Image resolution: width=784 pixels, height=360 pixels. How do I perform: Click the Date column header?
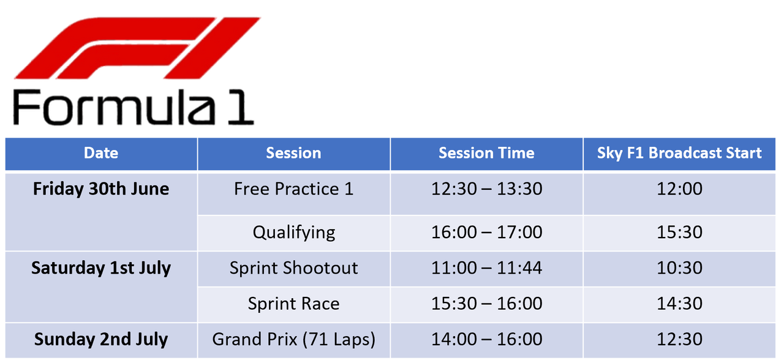[101, 153]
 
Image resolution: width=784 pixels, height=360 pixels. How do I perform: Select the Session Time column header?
[486, 153]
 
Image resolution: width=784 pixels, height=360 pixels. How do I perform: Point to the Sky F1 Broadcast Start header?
[679, 153]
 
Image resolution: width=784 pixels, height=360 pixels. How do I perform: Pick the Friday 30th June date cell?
[101, 189]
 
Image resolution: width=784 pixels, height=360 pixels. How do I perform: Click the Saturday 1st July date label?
[101, 268]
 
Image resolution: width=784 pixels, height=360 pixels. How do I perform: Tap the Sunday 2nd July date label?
[101, 339]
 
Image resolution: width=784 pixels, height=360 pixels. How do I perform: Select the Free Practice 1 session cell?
[293, 189]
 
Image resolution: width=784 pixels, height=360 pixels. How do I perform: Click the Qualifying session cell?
[293, 233]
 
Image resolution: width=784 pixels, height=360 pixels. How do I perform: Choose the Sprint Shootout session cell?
[293, 268]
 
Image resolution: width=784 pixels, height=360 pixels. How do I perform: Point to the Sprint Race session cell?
[293, 304]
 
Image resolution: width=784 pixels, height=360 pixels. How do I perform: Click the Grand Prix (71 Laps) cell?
[293, 339]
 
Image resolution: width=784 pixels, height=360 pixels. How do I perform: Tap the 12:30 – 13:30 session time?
[486, 189]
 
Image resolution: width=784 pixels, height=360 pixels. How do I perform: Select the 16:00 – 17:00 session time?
[486, 232]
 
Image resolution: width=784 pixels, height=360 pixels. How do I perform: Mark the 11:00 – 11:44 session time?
[486, 268]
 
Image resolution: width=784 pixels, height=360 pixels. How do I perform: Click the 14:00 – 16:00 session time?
[486, 339]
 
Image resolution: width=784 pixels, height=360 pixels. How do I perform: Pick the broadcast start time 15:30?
[679, 232]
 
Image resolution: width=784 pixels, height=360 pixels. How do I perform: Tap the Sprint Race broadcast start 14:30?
[679, 304]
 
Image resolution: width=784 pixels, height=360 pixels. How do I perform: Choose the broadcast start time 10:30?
[679, 268]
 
